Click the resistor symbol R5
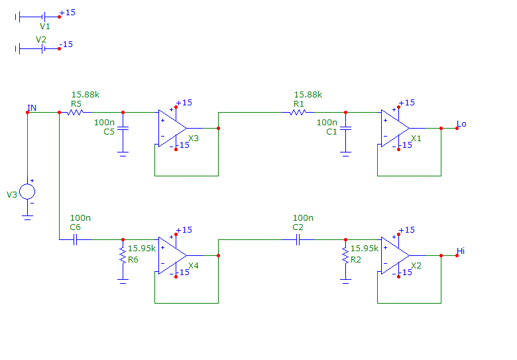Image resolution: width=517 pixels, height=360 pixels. (x=75, y=112)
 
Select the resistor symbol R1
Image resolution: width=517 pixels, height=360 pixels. (x=298, y=112)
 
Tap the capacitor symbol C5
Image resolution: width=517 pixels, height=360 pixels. (x=123, y=128)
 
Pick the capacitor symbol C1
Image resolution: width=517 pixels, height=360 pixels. (x=345, y=128)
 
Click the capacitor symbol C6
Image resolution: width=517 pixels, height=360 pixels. (x=75, y=240)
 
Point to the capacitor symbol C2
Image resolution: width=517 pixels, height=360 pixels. (x=298, y=240)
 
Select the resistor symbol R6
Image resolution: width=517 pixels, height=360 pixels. (x=123, y=255)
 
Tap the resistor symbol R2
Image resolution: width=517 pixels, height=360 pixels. (x=345, y=255)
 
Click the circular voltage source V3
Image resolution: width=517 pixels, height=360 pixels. (x=27, y=192)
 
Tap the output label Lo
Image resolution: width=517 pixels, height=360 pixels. (x=461, y=124)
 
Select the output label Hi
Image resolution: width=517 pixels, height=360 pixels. (x=461, y=251)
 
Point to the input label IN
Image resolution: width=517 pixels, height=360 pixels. (x=32, y=107)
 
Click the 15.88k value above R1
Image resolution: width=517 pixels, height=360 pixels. (x=308, y=95)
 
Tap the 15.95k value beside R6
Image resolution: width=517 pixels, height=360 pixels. (x=142, y=249)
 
